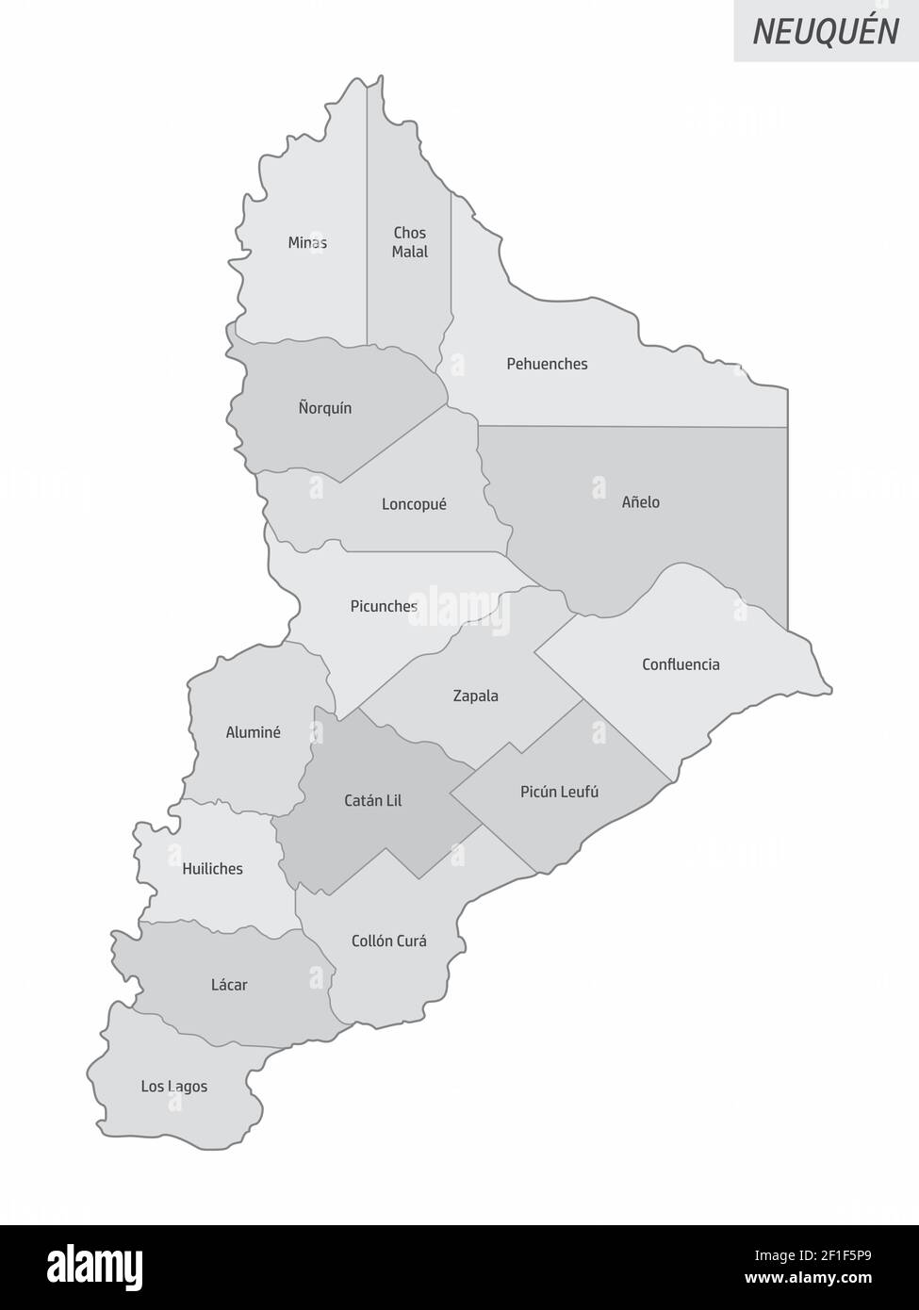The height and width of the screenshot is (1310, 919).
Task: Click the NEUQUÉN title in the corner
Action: (x=826, y=31)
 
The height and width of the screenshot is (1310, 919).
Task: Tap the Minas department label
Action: (x=307, y=243)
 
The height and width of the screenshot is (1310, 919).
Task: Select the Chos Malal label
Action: (x=410, y=242)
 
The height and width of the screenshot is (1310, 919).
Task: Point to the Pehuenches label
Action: (x=547, y=364)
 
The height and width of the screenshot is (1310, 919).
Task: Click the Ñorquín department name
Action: (x=325, y=408)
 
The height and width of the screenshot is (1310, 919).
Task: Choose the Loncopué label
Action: (x=414, y=504)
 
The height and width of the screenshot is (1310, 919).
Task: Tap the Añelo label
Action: (x=641, y=502)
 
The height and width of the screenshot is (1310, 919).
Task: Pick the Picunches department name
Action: (x=384, y=606)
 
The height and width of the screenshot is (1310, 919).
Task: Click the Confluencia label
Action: (x=681, y=664)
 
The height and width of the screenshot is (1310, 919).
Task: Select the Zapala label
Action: (x=475, y=696)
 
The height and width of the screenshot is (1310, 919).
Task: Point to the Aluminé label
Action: (x=253, y=732)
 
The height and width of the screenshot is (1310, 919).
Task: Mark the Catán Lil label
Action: (x=372, y=801)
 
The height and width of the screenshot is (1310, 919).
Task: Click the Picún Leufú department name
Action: (x=559, y=792)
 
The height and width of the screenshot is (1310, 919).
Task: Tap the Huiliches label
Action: (x=212, y=869)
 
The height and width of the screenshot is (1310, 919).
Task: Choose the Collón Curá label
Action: (x=388, y=941)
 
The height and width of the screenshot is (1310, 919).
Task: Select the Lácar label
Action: (x=229, y=985)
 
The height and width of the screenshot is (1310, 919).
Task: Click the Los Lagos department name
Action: (x=174, y=1087)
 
